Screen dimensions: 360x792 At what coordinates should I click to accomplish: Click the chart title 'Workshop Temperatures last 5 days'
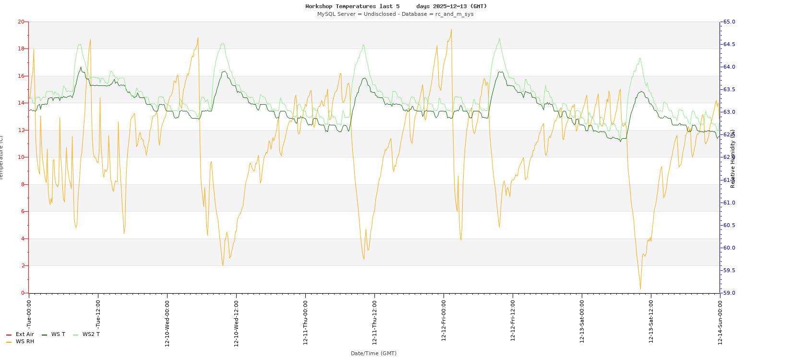[x=396, y=6]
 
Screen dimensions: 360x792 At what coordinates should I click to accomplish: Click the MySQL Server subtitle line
[x=395, y=14]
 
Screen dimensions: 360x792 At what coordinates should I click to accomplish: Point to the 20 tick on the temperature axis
[x=21, y=22]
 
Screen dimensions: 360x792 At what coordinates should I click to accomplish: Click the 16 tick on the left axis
[x=21, y=76]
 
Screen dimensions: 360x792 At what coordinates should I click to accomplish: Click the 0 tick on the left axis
[x=22, y=293]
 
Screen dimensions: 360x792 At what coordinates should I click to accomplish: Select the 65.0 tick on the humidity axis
[x=729, y=22]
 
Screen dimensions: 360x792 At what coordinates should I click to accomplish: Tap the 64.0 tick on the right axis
[x=729, y=67]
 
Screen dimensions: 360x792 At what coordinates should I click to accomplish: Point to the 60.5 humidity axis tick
[x=729, y=225]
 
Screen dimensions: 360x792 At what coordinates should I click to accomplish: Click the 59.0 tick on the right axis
[x=729, y=293]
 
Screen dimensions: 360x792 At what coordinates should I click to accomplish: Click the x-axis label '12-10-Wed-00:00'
[x=167, y=323]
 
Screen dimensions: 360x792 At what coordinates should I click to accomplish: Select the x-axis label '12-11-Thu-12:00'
[x=374, y=323]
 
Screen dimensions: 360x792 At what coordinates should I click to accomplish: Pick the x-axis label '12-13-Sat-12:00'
[x=651, y=323]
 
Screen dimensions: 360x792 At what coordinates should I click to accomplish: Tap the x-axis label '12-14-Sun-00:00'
[x=720, y=323]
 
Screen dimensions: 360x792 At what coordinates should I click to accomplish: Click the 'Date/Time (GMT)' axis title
[x=373, y=353]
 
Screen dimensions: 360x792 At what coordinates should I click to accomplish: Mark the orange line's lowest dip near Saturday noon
[x=640, y=289]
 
